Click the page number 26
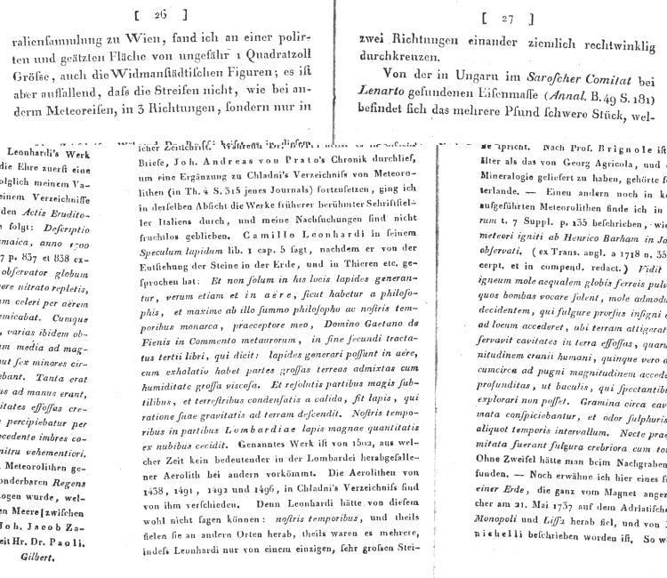point(161,14)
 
